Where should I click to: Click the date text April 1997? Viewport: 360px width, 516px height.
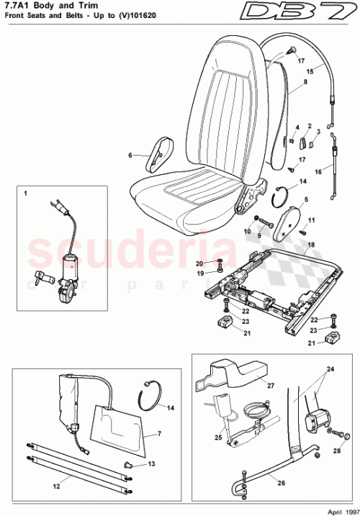334,508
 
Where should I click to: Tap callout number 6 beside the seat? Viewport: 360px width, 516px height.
130,155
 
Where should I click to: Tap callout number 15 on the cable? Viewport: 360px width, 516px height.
311,71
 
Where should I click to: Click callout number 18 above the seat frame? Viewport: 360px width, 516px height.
311,245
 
